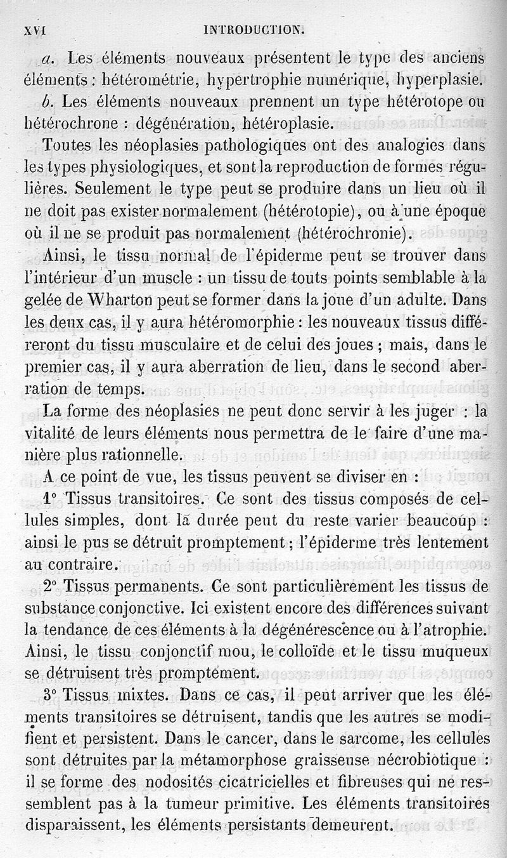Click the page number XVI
(x=37, y=29)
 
